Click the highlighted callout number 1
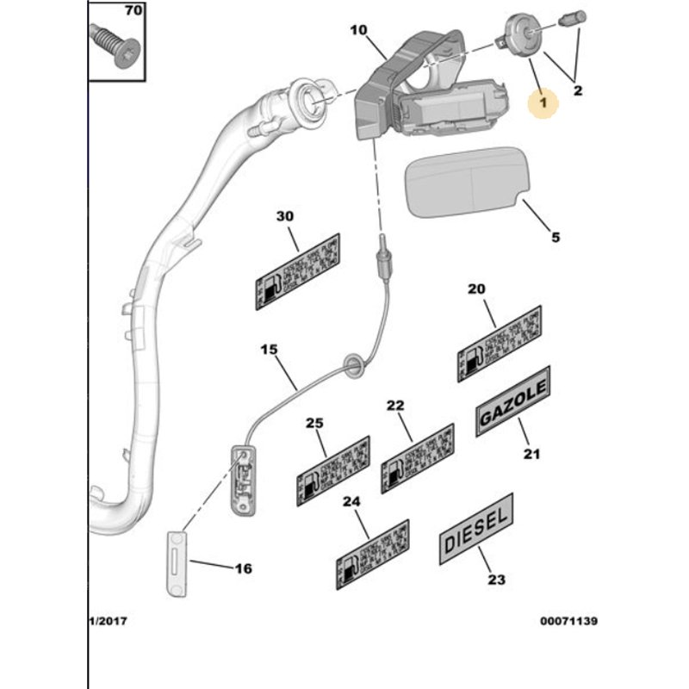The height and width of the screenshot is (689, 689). pos(543,102)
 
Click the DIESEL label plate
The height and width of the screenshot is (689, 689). pos(476,528)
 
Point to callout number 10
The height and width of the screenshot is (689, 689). pos(358,31)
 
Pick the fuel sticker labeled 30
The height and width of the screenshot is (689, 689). pos(297,272)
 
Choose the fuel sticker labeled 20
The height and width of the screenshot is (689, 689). pos(499,343)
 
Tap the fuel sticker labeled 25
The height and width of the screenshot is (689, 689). pos(333,470)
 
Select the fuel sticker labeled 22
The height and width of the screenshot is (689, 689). pos(418,458)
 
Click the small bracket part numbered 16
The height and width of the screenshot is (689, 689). pos(177,563)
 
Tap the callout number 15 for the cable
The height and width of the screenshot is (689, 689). pos(270,350)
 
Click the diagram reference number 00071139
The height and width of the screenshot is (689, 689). pos(568,621)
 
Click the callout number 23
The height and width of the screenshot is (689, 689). pos(496,580)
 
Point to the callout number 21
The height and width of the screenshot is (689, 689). pos(531,454)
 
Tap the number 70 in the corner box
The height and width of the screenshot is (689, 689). pos(133,11)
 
